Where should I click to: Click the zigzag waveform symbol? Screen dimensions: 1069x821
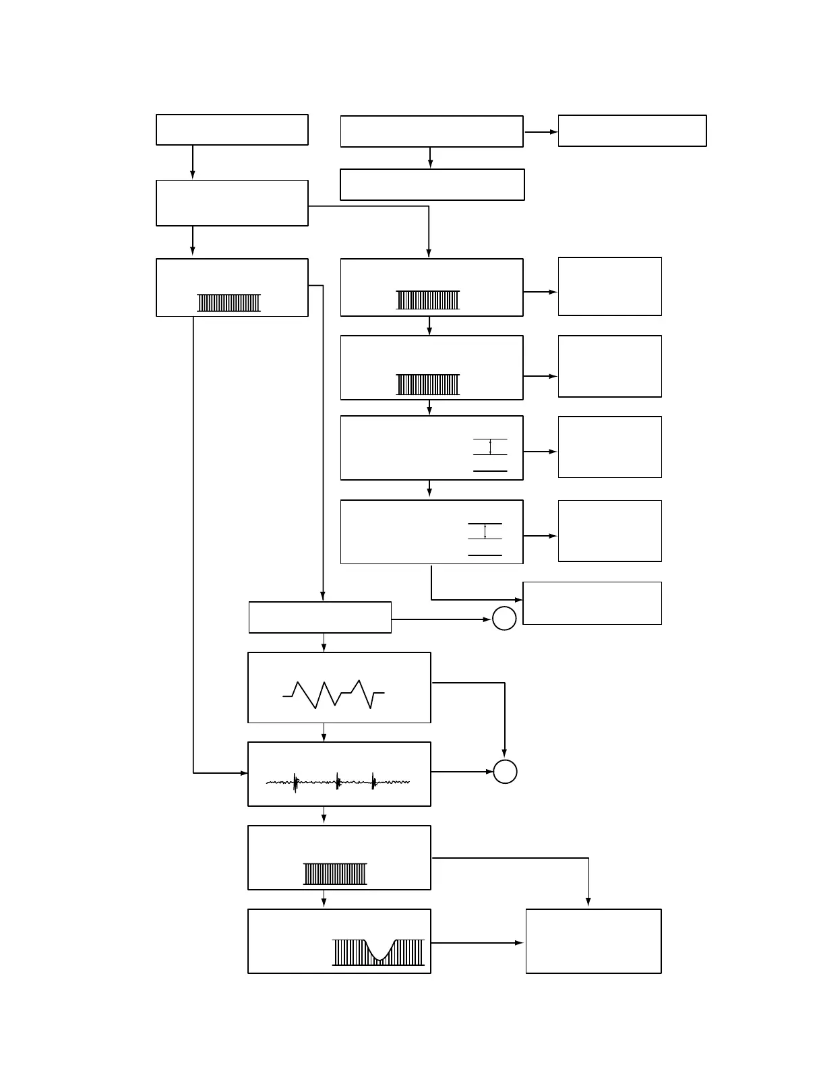pos(334,694)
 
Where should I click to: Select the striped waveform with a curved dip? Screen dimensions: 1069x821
pos(378,951)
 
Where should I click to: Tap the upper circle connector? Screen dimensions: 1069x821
pos(504,618)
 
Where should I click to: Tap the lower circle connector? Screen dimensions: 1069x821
pos(505,772)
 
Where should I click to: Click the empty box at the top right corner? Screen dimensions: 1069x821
pos(632,131)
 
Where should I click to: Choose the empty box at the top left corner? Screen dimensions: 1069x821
pos(232,129)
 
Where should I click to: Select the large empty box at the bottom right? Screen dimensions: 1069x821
pos(593,941)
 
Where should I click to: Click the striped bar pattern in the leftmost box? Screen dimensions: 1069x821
pos(229,303)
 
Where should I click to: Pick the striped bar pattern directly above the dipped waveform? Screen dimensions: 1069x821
pos(335,874)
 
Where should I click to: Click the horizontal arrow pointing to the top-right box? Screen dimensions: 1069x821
pos(541,132)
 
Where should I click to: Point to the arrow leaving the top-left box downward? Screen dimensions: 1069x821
pos(193,162)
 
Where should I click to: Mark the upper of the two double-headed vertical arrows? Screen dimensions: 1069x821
pos(490,447)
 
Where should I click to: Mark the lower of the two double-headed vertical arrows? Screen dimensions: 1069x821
pos(485,530)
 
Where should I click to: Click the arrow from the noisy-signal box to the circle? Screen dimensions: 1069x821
pos(462,772)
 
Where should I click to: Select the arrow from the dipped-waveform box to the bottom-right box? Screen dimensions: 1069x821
pos(477,943)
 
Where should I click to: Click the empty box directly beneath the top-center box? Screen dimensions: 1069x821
pos(432,185)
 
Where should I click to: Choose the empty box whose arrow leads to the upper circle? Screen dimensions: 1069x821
pos(320,617)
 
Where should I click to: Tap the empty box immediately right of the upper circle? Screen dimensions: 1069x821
pos(592,603)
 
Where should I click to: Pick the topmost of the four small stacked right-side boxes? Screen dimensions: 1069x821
pos(609,286)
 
